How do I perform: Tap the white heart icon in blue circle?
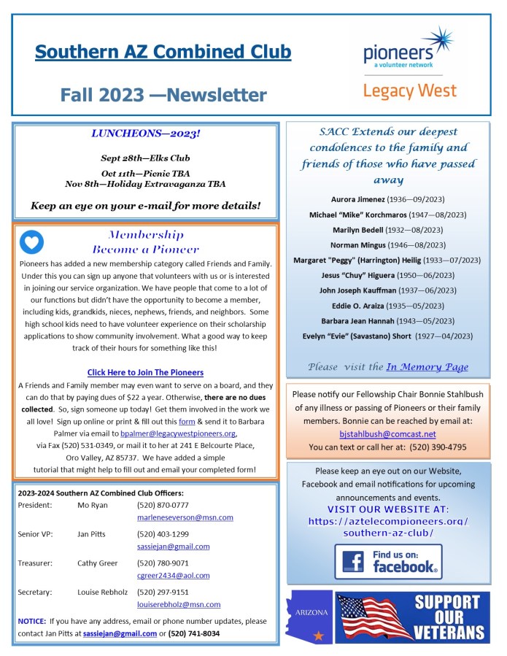click(x=31, y=242)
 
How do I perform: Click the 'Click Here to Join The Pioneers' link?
click(x=145, y=372)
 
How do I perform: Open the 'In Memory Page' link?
click(x=427, y=367)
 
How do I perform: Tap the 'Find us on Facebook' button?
click(x=388, y=561)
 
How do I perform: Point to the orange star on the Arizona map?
click(x=318, y=636)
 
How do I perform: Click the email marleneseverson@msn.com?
click(x=185, y=517)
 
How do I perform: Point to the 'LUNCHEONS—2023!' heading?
click(x=145, y=134)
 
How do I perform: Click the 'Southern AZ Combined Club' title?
click(x=163, y=52)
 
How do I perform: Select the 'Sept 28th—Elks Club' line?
click(x=145, y=158)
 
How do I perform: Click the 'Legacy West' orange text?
click(x=409, y=90)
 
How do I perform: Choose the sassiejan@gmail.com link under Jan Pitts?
click(x=173, y=547)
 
